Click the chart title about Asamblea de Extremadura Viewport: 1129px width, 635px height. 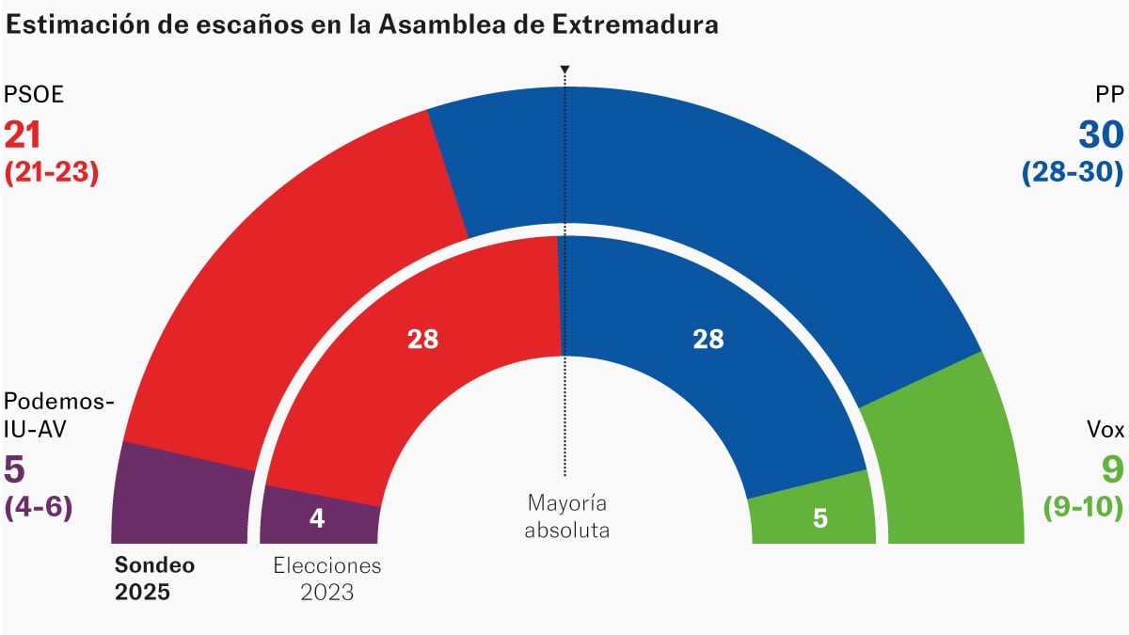click(362, 25)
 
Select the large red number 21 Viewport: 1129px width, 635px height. click(24, 135)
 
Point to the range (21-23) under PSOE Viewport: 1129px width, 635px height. click(52, 173)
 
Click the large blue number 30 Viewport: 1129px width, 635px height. click(1100, 135)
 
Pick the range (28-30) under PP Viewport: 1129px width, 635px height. click(1073, 173)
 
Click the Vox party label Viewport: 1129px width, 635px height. click(1105, 430)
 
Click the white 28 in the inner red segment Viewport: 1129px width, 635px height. click(423, 340)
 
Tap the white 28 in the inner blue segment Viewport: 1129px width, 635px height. click(708, 340)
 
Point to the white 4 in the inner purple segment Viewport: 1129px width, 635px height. click(317, 518)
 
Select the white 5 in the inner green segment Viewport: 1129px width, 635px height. click(819, 518)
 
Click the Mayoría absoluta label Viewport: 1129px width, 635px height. click(566, 516)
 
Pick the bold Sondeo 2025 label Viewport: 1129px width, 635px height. click(142, 579)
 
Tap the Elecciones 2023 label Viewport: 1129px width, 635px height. click(327, 579)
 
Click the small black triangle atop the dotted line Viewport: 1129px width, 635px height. click(564, 71)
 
